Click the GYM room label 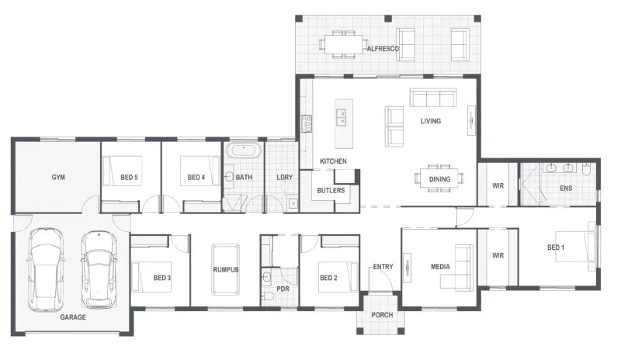[x=58, y=177]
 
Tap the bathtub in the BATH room [x=244, y=151]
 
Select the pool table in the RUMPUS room [x=225, y=269]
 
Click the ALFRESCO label [x=383, y=49]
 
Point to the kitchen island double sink [x=340, y=118]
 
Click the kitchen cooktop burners [x=306, y=123]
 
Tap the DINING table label [x=439, y=179]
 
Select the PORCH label [x=382, y=315]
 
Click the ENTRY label [x=383, y=267]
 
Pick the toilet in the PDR [x=268, y=296]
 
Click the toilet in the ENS [x=586, y=168]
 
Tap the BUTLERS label [x=331, y=191]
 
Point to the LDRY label [x=284, y=177]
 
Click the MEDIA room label [x=440, y=267]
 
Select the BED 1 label [x=556, y=247]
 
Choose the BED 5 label [x=129, y=177]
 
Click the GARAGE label [x=73, y=317]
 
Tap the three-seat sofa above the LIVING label [x=433, y=98]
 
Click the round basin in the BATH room [x=229, y=177]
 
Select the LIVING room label [x=431, y=121]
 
